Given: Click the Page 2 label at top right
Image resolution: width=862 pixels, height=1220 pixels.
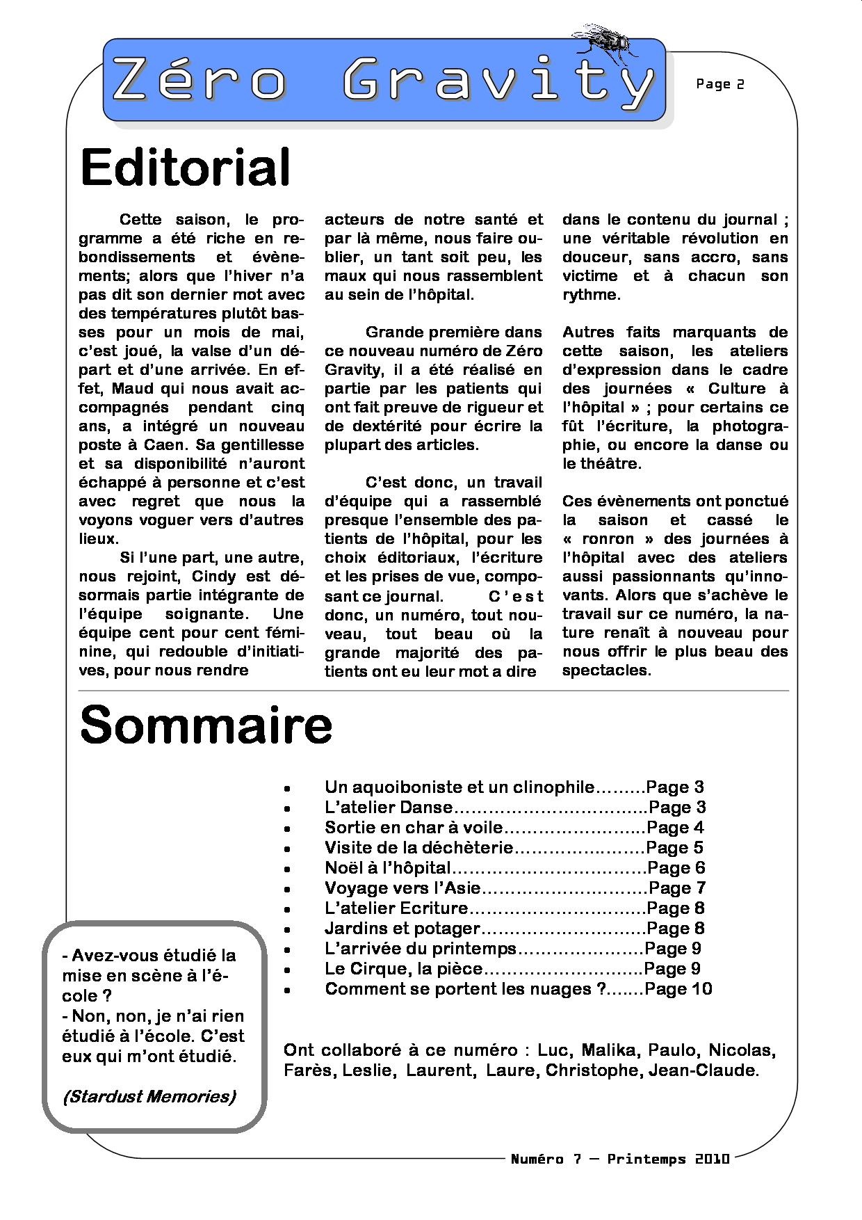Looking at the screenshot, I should [719, 84].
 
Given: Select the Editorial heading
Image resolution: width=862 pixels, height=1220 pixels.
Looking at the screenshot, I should [185, 168].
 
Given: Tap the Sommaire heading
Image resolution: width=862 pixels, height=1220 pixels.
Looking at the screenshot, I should [206, 725].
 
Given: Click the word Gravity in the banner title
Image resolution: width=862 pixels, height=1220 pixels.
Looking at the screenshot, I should [498, 81].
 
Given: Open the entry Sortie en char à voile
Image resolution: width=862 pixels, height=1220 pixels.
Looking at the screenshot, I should [413, 828].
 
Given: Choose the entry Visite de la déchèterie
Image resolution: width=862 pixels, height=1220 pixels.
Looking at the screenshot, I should [418, 848].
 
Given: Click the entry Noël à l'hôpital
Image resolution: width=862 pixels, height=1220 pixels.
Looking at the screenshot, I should [387, 868].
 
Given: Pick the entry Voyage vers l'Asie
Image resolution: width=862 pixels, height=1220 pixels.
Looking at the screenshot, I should [402, 888].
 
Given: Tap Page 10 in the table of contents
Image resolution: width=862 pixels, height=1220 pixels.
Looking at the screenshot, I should [678, 989].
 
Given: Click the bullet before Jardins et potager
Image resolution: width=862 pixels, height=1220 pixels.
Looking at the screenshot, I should [286, 929].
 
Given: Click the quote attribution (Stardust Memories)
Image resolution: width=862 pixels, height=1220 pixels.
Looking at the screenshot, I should [149, 1097].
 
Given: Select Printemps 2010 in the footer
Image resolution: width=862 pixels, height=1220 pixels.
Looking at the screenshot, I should [668, 1159].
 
